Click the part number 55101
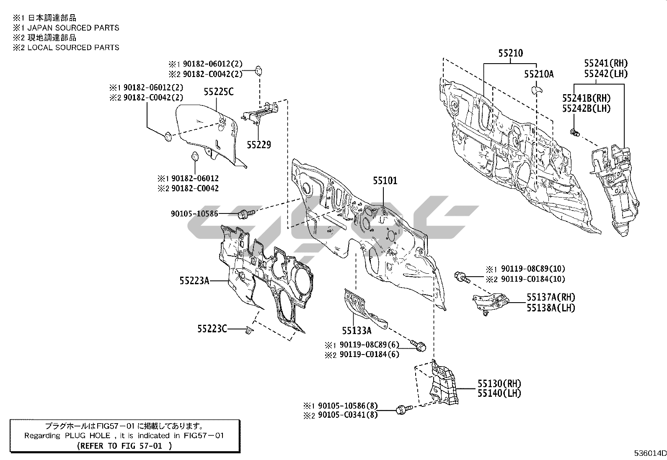(x=385, y=181)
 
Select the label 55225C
(x=219, y=92)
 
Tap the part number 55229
(x=259, y=145)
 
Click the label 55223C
(x=212, y=329)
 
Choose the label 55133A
(x=357, y=331)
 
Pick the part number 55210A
(x=539, y=74)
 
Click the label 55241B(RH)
(x=586, y=98)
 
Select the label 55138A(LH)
(x=551, y=308)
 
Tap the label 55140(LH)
(x=499, y=393)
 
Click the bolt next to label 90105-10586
(x=245, y=214)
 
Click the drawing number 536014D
(x=650, y=454)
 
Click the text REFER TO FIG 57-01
(x=124, y=446)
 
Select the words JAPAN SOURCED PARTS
(x=73, y=28)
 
